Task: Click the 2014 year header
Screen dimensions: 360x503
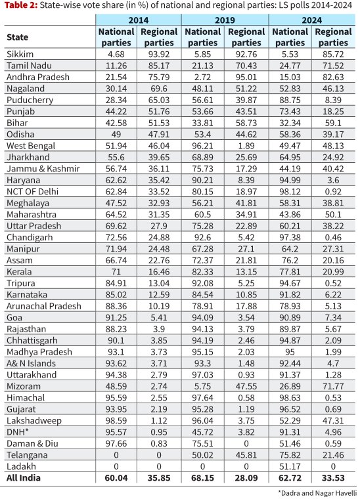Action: [x=139, y=20]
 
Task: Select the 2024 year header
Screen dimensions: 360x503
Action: [x=311, y=20]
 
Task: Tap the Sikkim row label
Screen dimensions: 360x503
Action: [x=20, y=54]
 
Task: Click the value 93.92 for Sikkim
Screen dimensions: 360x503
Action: [x=159, y=55]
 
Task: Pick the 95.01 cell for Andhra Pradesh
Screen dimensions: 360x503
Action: [x=246, y=77]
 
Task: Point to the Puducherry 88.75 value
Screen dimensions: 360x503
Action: [x=290, y=100]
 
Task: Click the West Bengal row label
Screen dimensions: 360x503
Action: [x=31, y=146]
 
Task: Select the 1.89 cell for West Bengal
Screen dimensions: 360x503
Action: [x=246, y=146]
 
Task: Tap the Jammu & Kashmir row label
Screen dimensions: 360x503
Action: [x=43, y=169]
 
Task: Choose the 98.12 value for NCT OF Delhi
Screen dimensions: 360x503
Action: [x=290, y=192]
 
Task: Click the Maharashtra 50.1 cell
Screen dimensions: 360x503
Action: [x=333, y=215]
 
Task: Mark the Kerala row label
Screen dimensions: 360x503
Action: [x=19, y=272]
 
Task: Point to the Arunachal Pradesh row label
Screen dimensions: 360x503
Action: [x=43, y=306]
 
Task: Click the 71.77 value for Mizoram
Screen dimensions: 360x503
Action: [x=333, y=386]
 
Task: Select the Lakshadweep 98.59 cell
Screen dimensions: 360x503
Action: [x=116, y=420]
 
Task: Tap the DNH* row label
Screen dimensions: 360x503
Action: [x=18, y=432]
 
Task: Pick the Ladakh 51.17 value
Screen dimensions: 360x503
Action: [x=290, y=466]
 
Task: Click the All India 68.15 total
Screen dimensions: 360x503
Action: [x=202, y=478]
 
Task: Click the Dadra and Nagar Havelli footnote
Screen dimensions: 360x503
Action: [x=317, y=493]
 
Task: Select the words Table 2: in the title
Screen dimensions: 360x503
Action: [x=21, y=5]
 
